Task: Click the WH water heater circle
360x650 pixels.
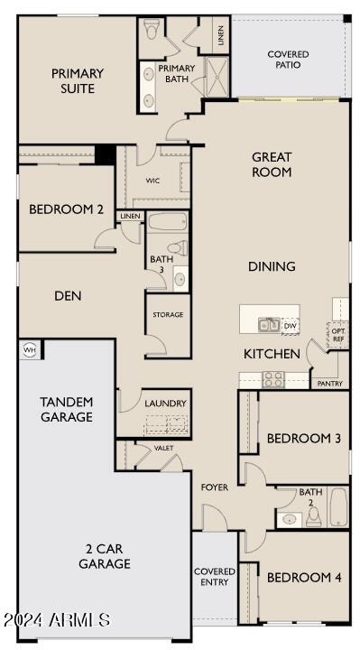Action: pos(29,349)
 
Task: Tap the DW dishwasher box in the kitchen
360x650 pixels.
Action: pos(291,326)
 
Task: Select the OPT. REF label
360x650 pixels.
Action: pos(337,335)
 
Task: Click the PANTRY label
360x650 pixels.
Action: pos(330,384)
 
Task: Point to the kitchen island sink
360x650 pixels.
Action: pos(269,325)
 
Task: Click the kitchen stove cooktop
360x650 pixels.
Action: pos(273,379)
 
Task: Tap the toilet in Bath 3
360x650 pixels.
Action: pos(178,248)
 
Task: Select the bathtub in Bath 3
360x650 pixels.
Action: pos(168,222)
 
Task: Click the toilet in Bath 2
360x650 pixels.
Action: pos(314,516)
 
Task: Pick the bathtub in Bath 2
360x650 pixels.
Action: pos(338,507)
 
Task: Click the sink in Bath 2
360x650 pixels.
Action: pos(289,520)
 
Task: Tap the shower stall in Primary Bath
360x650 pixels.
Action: pos(217,77)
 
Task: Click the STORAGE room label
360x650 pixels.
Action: pos(168,315)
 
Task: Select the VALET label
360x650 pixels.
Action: pos(163,448)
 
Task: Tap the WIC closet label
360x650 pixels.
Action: pos(152,181)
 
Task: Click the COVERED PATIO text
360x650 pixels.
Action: pos(288,60)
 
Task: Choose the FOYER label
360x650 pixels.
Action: pos(215,487)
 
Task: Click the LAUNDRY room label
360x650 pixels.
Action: pos(165,404)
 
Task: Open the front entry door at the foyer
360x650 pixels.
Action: pos(215,517)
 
